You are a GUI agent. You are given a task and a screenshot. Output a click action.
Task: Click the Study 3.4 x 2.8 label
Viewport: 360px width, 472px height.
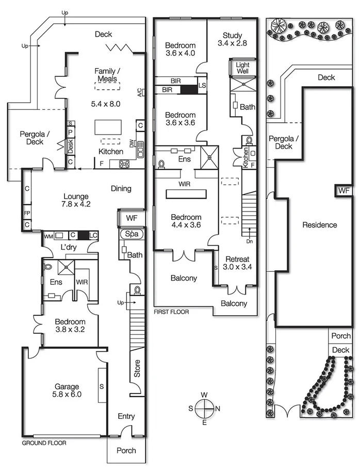tap(232, 39)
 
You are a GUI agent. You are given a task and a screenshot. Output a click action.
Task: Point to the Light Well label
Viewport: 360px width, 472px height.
tap(242, 68)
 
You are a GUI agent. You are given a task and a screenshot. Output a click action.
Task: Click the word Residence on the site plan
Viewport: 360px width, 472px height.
tap(320, 225)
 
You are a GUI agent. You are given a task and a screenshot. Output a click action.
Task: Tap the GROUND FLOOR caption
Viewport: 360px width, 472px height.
tap(44, 443)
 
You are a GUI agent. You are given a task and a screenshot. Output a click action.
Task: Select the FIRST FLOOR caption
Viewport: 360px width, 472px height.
tap(171, 312)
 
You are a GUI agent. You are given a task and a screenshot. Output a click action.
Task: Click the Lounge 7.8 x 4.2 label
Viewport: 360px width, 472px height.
tap(76, 200)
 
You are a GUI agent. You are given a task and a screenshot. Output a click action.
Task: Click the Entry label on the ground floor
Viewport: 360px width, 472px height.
tap(126, 416)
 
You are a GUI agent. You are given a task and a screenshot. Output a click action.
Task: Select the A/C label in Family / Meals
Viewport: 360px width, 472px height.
tap(139, 93)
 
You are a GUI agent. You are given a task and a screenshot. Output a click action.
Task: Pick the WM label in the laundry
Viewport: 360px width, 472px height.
tap(48, 236)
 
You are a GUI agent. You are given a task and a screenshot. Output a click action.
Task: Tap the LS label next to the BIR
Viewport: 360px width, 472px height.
tap(202, 85)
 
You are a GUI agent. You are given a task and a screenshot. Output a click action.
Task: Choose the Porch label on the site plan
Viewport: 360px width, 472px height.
tap(341, 336)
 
